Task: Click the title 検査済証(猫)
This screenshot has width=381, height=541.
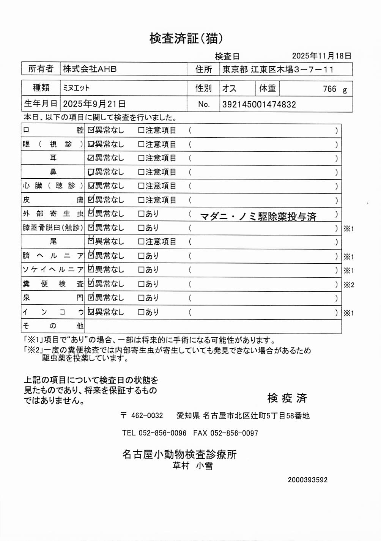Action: coord(186,38)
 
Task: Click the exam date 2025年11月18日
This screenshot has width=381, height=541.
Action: coord(321,56)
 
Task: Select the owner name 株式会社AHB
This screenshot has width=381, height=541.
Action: coord(90,69)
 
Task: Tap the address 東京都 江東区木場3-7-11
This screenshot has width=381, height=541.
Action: coord(278,69)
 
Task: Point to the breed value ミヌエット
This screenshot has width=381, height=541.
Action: coord(76,88)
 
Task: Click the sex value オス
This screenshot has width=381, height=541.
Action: coord(229,88)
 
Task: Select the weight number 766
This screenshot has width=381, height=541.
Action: coord(329,89)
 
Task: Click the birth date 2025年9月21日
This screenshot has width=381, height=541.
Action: coord(94,104)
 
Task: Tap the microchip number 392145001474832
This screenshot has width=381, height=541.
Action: coord(259,104)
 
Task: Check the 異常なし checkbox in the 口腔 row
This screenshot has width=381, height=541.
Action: coord(91,130)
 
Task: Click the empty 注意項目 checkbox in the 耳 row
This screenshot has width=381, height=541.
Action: coord(141,158)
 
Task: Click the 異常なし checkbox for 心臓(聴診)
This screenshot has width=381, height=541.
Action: coord(91,186)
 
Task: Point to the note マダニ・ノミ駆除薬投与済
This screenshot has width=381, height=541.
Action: coord(258,217)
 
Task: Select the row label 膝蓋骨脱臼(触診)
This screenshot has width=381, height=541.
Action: coord(52,228)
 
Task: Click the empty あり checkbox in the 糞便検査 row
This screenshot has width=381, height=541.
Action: coord(141,284)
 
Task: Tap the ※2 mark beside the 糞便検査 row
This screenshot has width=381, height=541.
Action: coord(348,285)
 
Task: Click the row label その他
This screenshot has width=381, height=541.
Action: coord(52,326)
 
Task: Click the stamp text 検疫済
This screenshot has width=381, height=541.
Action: coord(287,398)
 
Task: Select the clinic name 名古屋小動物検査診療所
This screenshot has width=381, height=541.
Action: coord(179,454)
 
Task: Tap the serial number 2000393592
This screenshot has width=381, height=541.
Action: coord(307,480)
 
